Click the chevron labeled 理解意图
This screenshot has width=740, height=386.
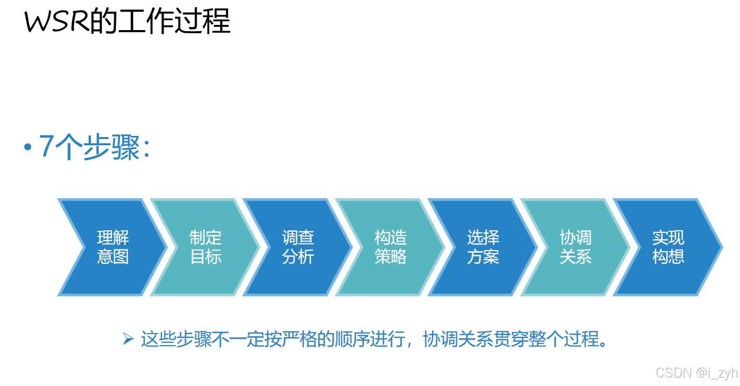click(113, 247)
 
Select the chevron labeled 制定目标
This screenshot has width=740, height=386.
click(206, 247)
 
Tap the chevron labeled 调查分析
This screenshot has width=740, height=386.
click(298, 247)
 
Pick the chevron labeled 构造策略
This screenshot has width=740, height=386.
click(391, 247)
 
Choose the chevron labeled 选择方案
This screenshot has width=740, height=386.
click(483, 247)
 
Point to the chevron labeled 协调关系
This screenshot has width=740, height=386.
click(575, 247)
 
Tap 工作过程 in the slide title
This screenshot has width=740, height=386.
click(174, 22)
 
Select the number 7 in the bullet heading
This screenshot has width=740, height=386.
click(46, 147)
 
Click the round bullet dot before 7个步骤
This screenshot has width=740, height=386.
click(28, 147)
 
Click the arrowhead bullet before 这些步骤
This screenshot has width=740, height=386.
click(128, 339)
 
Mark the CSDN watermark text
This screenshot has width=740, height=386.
click(674, 373)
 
